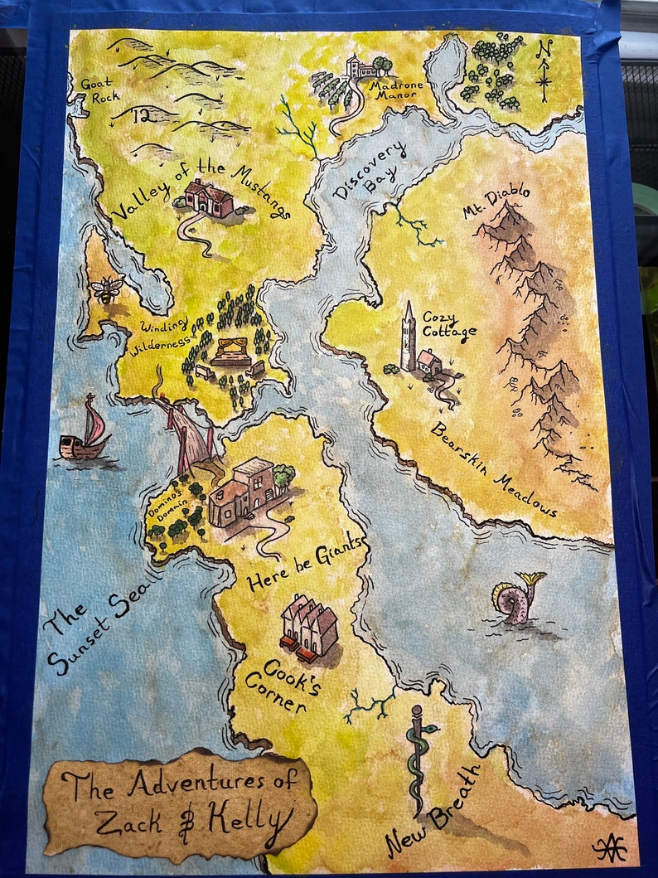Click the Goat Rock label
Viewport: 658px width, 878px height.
pos(99,90)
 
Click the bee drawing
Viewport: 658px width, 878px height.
pos(107,289)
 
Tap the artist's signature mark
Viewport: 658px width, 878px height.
pos(611,847)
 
